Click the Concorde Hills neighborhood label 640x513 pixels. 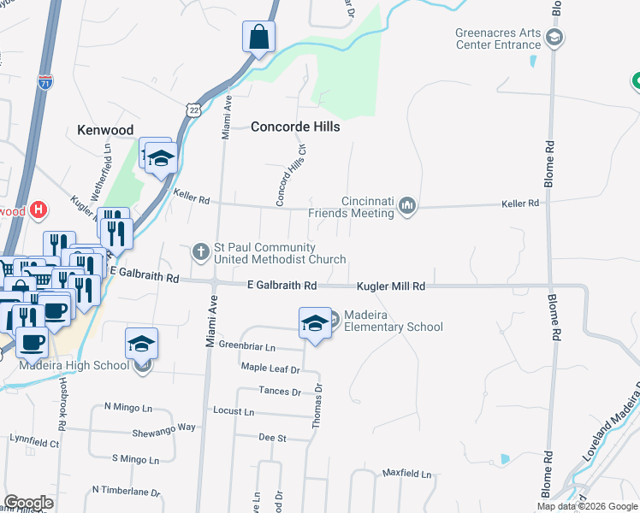tap(295, 127)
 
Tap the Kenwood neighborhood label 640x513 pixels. tap(105, 130)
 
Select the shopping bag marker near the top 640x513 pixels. tap(258, 38)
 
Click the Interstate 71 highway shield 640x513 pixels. tap(44, 83)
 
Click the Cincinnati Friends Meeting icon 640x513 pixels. tap(408, 205)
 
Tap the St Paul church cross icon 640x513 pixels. tap(201, 251)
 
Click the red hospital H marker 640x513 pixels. tap(38, 209)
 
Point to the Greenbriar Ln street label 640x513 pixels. tap(247, 348)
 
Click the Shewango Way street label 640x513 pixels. tap(164, 427)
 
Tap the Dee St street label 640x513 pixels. tap(272, 437)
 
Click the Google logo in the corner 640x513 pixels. tap(28, 503)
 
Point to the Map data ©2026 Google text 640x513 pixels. tap(588, 506)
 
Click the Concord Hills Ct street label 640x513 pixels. tap(290, 174)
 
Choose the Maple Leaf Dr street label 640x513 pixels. tap(270, 370)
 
